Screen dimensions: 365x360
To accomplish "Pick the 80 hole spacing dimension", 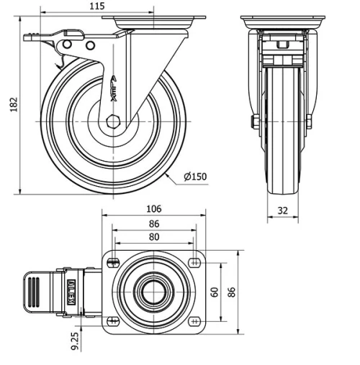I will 153,237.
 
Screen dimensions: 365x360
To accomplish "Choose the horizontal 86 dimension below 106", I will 153,224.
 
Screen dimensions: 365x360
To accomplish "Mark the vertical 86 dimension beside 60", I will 232,291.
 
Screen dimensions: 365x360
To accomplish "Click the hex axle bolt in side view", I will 112,119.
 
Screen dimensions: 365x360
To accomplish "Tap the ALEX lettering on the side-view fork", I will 114,89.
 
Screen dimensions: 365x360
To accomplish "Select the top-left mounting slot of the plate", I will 112,262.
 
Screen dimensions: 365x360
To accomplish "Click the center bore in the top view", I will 153,292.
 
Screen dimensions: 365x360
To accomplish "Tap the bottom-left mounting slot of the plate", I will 112,321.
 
